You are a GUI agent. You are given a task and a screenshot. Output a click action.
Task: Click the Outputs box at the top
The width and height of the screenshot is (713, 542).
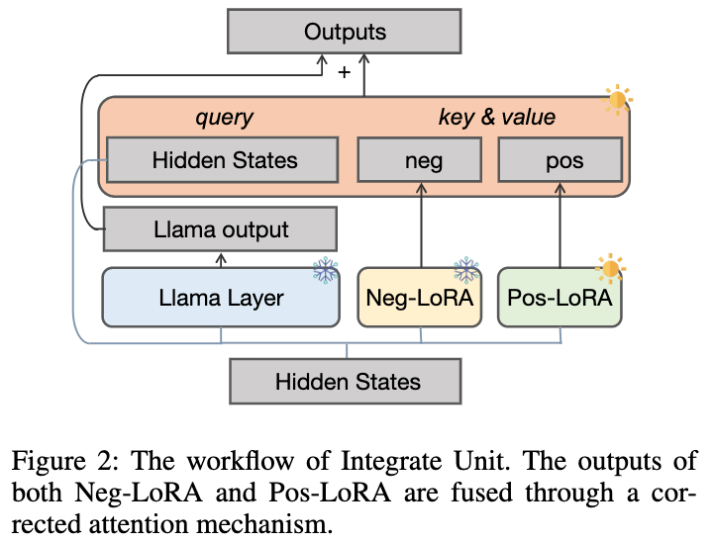(x=345, y=32)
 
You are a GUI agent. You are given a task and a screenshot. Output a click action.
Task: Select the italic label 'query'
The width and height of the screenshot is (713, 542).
(x=225, y=118)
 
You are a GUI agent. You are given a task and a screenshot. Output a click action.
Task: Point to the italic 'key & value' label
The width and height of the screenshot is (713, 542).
(x=496, y=118)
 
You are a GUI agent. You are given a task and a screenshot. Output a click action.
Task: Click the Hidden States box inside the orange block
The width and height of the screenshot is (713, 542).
(x=225, y=159)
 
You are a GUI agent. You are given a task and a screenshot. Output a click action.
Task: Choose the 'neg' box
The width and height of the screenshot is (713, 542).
(x=421, y=159)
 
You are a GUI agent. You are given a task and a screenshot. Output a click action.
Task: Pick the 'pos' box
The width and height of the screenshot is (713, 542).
(x=560, y=159)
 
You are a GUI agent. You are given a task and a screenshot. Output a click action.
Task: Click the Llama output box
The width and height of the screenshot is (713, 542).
(x=221, y=230)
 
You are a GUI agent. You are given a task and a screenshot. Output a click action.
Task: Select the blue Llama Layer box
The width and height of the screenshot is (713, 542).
(x=220, y=297)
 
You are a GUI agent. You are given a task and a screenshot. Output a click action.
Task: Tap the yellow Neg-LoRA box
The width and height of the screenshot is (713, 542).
(x=420, y=297)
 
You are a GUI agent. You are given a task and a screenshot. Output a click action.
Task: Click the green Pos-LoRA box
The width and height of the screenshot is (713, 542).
(x=560, y=297)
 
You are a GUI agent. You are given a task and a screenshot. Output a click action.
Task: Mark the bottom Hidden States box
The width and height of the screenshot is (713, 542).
(x=348, y=381)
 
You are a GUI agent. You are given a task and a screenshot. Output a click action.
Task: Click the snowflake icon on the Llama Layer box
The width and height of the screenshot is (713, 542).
(x=325, y=269)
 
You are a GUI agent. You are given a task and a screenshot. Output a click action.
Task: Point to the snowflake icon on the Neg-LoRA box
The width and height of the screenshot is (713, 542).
(x=465, y=269)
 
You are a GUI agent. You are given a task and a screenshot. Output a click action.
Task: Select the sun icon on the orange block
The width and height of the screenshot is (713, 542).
(x=617, y=99)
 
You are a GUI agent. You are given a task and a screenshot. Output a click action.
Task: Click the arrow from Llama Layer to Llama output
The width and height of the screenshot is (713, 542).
(x=220, y=258)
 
